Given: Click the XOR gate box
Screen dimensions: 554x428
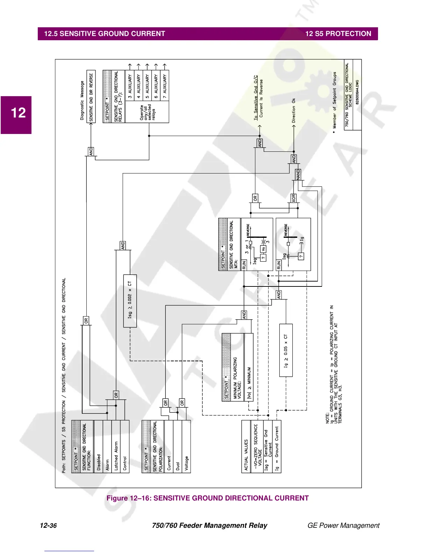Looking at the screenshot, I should click(294, 198).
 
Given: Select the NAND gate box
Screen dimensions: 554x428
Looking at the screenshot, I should click(298, 175).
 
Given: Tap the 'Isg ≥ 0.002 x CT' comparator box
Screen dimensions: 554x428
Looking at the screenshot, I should click(130, 301).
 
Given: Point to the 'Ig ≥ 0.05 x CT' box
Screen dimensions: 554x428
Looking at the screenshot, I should click(286, 350).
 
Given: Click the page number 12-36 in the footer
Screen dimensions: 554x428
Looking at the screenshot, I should click(48, 525).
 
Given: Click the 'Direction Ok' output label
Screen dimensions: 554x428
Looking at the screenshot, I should click(294, 110).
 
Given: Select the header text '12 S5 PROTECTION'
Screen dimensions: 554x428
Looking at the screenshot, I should click(338, 34).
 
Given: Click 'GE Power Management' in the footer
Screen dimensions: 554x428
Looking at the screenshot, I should click(343, 525).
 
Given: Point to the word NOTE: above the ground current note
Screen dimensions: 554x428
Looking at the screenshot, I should click(328, 418).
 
